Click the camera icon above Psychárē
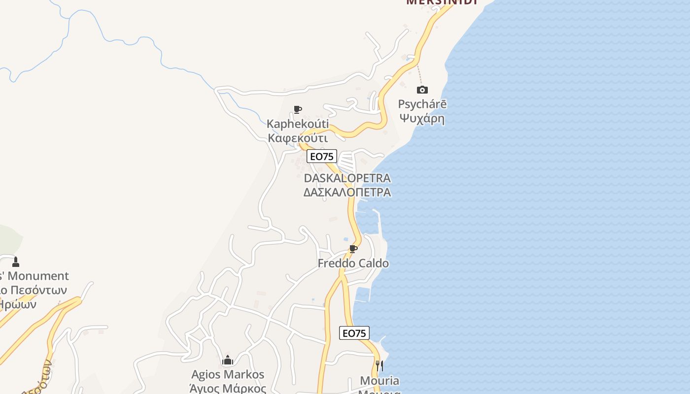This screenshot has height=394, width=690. [x=422, y=90]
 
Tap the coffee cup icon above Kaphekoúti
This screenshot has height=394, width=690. [x=297, y=109]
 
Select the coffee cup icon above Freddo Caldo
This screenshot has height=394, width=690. [x=353, y=249]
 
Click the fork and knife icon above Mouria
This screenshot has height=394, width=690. [x=379, y=365]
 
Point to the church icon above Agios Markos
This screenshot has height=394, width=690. [x=227, y=361]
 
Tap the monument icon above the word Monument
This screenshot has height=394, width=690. [x=16, y=262]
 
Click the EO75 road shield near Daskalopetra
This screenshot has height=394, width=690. [x=321, y=157]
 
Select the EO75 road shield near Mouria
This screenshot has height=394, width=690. [x=354, y=333]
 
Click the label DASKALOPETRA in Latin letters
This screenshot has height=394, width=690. [x=347, y=178]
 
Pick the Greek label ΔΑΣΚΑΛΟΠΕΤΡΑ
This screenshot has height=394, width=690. [x=347, y=192]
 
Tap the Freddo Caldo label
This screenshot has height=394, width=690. [x=353, y=263]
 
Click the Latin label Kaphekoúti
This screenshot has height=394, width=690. [x=298, y=124]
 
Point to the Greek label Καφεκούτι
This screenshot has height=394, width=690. [x=298, y=137]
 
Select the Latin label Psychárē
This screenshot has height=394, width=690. [x=422, y=104]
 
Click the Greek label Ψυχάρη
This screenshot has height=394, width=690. [x=422, y=119]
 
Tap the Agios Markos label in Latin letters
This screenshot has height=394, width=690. [x=228, y=375]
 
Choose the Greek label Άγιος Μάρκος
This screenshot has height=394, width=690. [x=228, y=388]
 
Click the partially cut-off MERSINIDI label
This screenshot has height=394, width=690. [x=442, y=2]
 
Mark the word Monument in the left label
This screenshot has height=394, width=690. [x=40, y=276]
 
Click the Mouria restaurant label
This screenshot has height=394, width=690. [x=379, y=381]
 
